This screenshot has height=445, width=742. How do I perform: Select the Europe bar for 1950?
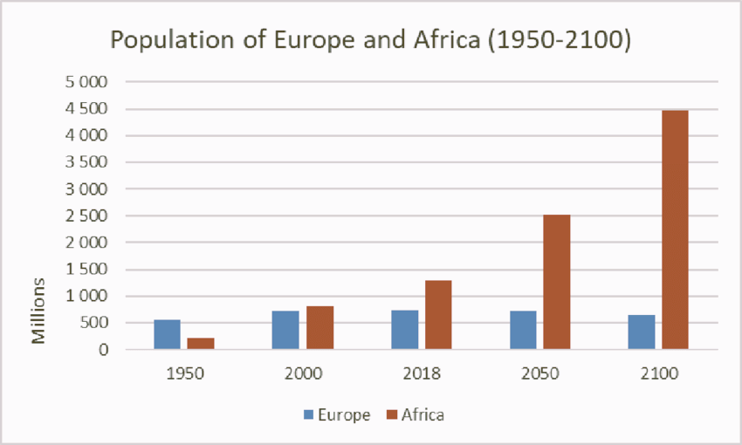click(x=167, y=334)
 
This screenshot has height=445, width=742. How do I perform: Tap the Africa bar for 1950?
click(x=201, y=344)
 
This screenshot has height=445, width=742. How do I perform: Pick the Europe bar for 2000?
click(x=285, y=330)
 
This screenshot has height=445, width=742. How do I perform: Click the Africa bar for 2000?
click(x=319, y=328)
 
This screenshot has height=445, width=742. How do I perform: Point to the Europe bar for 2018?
click(x=404, y=330)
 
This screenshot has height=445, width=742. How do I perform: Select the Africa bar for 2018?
click(x=438, y=315)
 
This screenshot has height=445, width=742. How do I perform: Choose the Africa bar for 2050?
click(x=556, y=282)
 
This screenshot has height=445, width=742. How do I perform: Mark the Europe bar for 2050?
click(x=523, y=330)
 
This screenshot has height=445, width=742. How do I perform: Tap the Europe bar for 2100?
click(x=641, y=332)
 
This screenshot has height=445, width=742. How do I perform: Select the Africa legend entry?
click(x=416, y=414)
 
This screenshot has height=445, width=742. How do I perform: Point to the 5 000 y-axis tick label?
click(x=88, y=82)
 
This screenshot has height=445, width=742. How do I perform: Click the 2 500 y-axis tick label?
click(x=88, y=216)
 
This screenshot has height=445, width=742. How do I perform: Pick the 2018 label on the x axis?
click(x=422, y=373)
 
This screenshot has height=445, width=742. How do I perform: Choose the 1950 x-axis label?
click(x=184, y=373)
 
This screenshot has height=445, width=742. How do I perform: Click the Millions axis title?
click(x=38, y=311)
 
